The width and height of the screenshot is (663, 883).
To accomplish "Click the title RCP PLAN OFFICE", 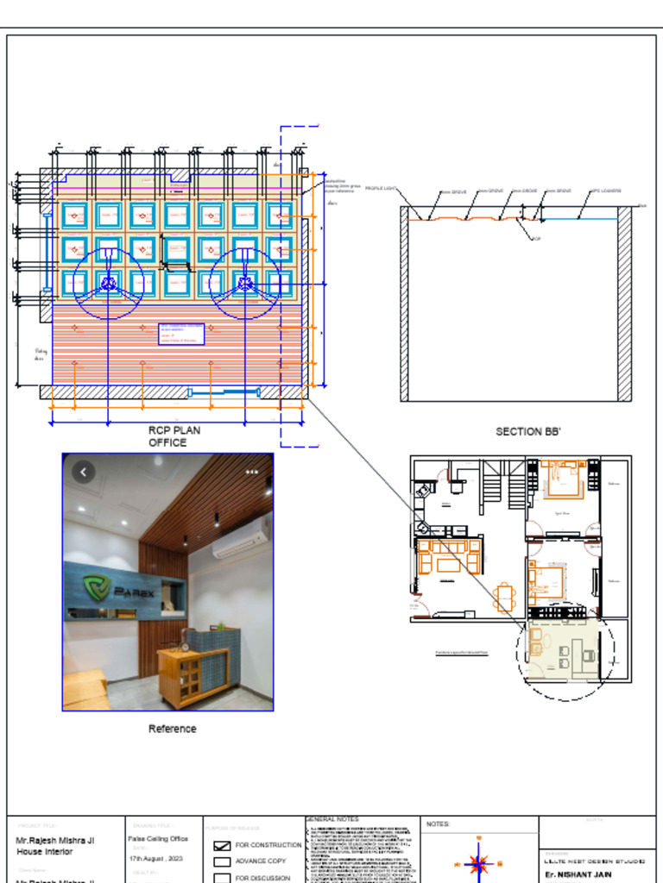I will point(167,436).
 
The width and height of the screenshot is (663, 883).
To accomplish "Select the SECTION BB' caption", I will point(528,431).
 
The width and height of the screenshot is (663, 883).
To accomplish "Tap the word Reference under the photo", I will point(172,729).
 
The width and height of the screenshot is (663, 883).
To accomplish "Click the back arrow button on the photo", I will point(83,472).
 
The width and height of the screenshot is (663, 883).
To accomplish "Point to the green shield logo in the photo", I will point(95,588).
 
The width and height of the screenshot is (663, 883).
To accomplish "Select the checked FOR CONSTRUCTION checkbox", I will point(222,845).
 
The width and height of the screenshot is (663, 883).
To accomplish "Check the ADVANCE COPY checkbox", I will point(222,861).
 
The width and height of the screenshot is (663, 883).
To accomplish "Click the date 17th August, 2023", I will point(155,859).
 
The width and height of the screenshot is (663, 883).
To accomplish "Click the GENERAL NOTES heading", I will point(331,819).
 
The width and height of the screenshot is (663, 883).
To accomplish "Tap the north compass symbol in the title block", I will point(478,863).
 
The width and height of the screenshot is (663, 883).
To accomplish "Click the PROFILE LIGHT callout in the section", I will point(380,188).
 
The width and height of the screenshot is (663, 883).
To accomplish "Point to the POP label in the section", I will point(536,239).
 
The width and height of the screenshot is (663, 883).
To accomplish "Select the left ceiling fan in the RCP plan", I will point(108,283).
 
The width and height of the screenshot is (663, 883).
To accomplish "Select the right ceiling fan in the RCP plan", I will point(245,283).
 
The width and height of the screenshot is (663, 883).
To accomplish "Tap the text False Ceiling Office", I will point(158,838).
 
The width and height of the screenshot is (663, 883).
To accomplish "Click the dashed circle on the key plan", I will point(565,651).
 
